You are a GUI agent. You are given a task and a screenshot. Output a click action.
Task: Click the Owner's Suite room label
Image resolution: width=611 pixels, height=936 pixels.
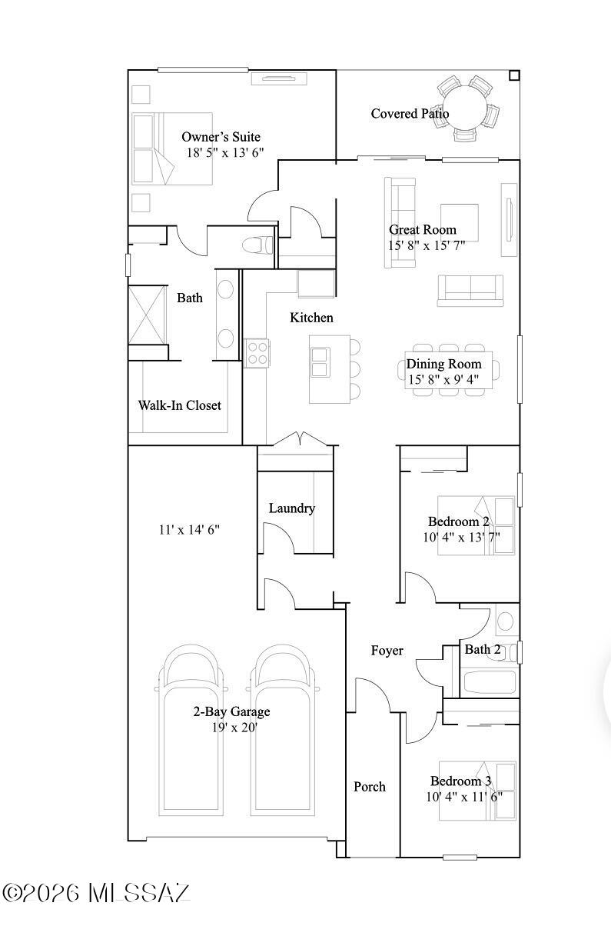[x=221, y=137]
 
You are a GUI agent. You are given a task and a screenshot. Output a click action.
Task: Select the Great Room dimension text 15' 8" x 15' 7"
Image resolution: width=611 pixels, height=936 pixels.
[x=426, y=245]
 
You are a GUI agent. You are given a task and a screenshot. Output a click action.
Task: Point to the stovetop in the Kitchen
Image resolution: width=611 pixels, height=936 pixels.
[x=257, y=353]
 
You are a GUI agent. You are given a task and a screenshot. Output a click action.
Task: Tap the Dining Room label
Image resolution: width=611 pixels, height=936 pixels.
[x=444, y=364]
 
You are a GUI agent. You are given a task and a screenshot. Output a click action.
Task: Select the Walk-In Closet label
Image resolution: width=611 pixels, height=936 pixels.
[x=179, y=405]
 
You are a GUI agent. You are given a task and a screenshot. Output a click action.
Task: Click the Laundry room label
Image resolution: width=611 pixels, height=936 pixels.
[x=291, y=508]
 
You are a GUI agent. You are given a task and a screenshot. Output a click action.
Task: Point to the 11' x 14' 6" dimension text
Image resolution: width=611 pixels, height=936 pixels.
[x=189, y=529]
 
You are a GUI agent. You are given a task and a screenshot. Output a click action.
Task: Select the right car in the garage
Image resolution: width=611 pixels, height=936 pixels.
[x=284, y=731]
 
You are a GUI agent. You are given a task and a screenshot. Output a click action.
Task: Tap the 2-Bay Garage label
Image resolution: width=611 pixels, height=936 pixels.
[x=231, y=711]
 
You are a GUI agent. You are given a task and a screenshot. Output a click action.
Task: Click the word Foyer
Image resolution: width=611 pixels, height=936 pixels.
[x=387, y=651]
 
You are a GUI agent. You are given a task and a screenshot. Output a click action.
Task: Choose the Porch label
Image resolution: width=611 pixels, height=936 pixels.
[x=369, y=786]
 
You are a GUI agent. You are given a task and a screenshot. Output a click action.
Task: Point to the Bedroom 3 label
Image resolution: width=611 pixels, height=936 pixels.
[x=460, y=781]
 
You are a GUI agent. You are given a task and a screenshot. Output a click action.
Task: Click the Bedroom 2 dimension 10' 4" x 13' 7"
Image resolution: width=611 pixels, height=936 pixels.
[x=461, y=537]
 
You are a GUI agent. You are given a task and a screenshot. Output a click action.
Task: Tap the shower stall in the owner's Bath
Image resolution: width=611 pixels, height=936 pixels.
[x=147, y=314]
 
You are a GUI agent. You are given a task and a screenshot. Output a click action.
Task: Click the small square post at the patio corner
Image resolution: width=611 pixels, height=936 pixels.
[x=514, y=75]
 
